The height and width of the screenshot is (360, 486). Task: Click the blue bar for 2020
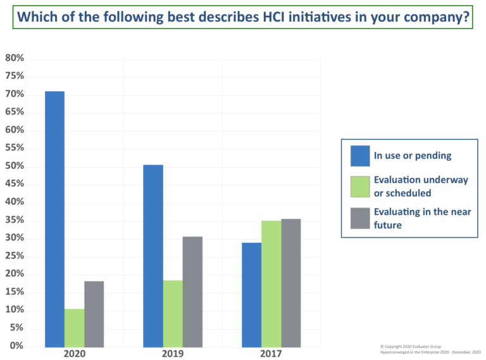click(54, 218)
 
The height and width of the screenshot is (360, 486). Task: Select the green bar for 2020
click(75, 327)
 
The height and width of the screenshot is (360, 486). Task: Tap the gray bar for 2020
click(94, 314)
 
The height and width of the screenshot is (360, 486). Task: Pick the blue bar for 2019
click(153, 256)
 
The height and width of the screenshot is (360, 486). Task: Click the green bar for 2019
click(173, 313)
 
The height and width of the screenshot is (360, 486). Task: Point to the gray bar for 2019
click(192, 291)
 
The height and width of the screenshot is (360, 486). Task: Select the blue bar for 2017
click(251, 294)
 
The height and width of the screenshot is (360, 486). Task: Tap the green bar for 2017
click(271, 283)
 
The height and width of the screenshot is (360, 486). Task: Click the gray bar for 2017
click(290, 282)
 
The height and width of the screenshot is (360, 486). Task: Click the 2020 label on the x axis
click(75, 354)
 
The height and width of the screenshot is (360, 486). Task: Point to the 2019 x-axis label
click(173, 354)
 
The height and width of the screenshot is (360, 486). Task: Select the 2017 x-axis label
click(271, 354)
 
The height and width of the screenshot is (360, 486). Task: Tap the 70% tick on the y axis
click(15, 94)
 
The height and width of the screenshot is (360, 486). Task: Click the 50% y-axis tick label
click(15, 166)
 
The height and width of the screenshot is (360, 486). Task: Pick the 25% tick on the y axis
click(15, 256)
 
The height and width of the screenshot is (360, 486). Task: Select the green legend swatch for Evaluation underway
click(360, 186)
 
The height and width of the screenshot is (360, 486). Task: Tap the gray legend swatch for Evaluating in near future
click(360, 218)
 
